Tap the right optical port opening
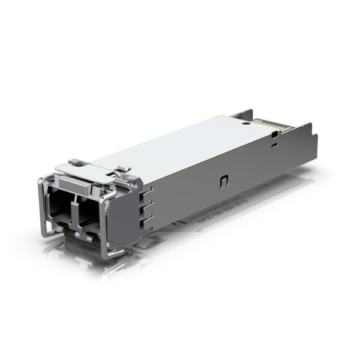88,211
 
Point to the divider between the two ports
74,207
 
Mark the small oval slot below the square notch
274,145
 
